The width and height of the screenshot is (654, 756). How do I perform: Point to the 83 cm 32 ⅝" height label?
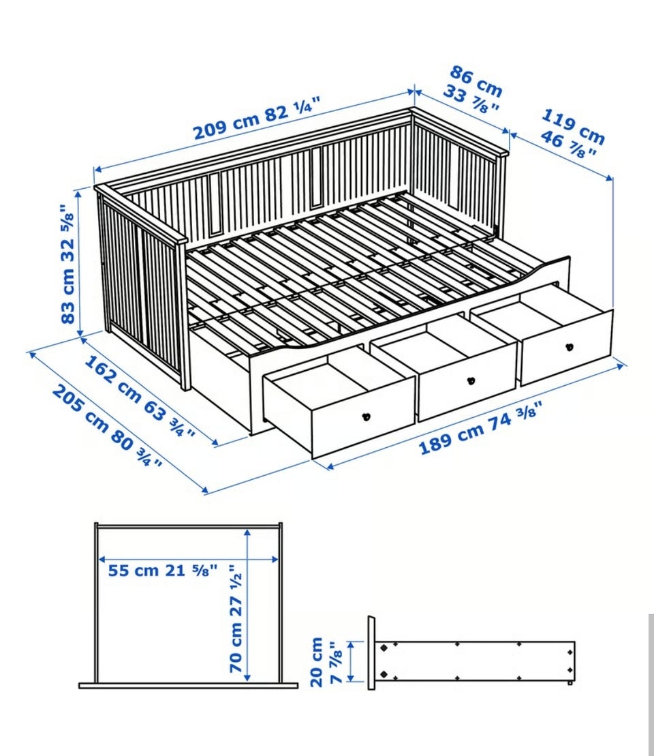[68, 264]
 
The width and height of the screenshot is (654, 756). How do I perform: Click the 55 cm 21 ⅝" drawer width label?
[162, 571]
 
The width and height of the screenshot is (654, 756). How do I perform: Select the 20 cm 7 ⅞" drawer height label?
[326, 661]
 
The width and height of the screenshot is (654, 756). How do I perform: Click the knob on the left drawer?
[367, 417]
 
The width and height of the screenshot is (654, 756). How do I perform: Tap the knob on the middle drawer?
[471, 380]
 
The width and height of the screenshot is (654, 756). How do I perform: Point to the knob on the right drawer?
[569, 346]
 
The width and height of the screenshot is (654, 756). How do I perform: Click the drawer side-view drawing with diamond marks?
[472, 661]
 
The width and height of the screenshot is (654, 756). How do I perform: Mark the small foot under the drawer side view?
[570, 682]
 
